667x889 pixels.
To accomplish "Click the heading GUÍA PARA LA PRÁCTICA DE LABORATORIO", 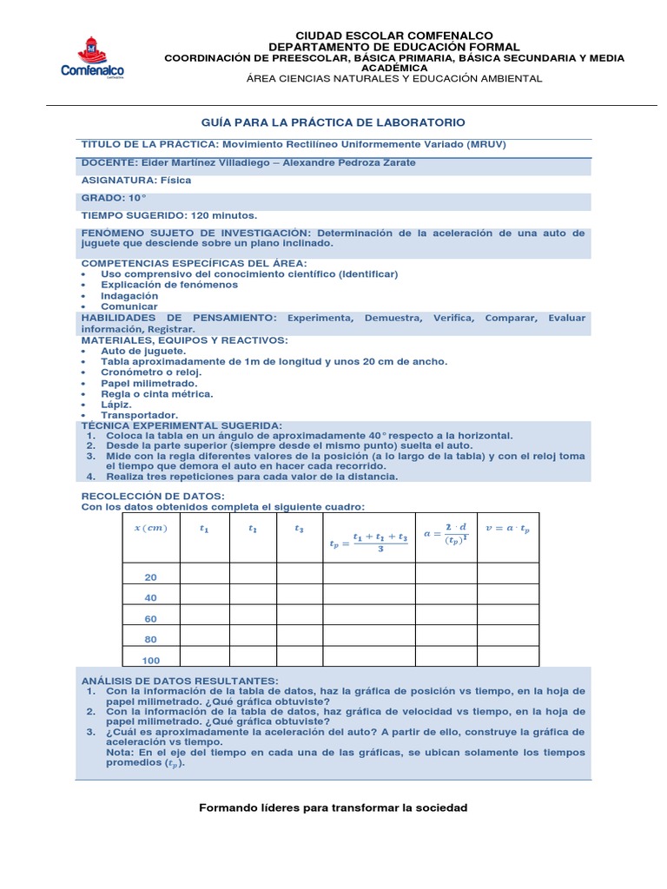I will [333, 123].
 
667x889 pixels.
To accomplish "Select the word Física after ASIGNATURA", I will [175, 181].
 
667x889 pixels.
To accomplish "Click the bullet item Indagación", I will [129, 295].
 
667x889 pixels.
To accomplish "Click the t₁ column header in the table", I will [204, 528].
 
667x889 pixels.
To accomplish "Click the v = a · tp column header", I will [508, 528].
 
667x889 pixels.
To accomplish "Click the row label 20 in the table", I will [151, 577].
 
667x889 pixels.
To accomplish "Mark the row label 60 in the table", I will [151, 619].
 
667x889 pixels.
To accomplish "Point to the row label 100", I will [151, 661].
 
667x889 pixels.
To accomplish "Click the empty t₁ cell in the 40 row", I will [204, 598].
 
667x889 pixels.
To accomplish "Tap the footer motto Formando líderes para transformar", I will [333, 807].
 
